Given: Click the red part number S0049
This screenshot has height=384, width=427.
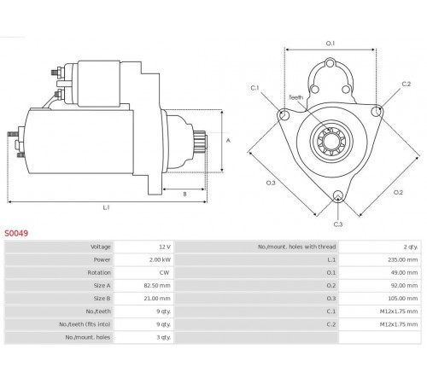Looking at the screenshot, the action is pyautogui.click(x=16, y=233).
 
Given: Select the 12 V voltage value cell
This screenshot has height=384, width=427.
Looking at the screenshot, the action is pyautogui.click(x=165, y=247).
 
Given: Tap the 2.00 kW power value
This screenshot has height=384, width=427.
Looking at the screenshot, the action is pyautogui.click(x=160, y=259).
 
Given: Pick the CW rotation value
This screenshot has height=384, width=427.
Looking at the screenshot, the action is pyautogui.click(x=164, y=272).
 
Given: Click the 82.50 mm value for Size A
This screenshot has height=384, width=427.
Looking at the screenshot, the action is pyautogui.click(x=157, y=285).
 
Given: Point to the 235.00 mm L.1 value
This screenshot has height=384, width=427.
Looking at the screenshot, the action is pyautogui.click(x=403, y=259).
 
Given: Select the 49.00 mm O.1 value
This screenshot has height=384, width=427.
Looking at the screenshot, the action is pyautogui.click(x=404, y=272).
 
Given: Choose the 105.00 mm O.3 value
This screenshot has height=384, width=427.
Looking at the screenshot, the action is pyautogui.click(x=403, y=299).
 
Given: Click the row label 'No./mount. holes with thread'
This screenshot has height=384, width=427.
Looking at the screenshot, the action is pyautogui.click(x=297, y=247).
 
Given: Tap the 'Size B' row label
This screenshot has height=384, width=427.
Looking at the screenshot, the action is pyautogui.click(x=102, y=299).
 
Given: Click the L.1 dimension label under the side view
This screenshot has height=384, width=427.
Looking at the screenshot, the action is pyautogui.click(x=106, y=207).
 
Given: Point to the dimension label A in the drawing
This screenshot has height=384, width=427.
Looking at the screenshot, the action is pyautogui.click(x=228, y=141).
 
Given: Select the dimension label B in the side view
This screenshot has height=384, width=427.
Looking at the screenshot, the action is pyautogui.click(x=184, y=194).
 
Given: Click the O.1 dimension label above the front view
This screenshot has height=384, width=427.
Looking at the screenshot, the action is pyautogui.click(x=330, y=44).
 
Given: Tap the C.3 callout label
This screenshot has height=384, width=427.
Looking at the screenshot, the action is pyautogui.click(x=338, y=224).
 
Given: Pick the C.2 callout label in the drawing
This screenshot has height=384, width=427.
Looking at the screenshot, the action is pyautogui.click(x=407, y=84).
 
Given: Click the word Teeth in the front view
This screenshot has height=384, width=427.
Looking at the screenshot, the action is pyautogui.click(x=296, y=97).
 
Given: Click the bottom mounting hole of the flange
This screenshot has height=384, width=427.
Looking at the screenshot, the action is pyautogui.click(x=338, y=196).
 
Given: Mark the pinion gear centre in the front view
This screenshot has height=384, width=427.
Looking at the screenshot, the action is pyautogui.click(x=331, y=141).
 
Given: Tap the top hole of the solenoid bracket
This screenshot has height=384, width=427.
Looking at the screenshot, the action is pyautogui.click(x=330, y=63).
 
